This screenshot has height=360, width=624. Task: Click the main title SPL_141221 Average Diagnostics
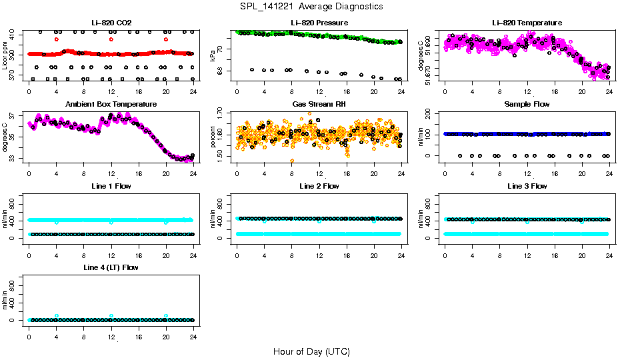pos(311,6)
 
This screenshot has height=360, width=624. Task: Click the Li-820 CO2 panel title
pos(111,23)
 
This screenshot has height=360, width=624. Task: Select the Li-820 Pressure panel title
pos(319,23)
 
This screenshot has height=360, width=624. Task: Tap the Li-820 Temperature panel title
pos(527,23)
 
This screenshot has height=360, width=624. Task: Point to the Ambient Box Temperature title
pos(111,105)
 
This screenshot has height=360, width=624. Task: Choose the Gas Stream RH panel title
pos(319,105)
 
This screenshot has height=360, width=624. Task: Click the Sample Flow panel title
pos(527,105)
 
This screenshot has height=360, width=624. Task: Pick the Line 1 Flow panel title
pos(111,186)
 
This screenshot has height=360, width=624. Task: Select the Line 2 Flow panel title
pos(319,186)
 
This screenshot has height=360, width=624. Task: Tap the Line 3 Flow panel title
pos(527,186)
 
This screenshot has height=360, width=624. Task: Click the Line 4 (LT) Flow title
pos(111,267)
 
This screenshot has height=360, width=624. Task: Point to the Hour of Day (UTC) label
pos(311,351)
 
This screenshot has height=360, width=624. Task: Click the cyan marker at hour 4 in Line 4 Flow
pos(57,315)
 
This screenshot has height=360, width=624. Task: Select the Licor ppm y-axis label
pos(5,56)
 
